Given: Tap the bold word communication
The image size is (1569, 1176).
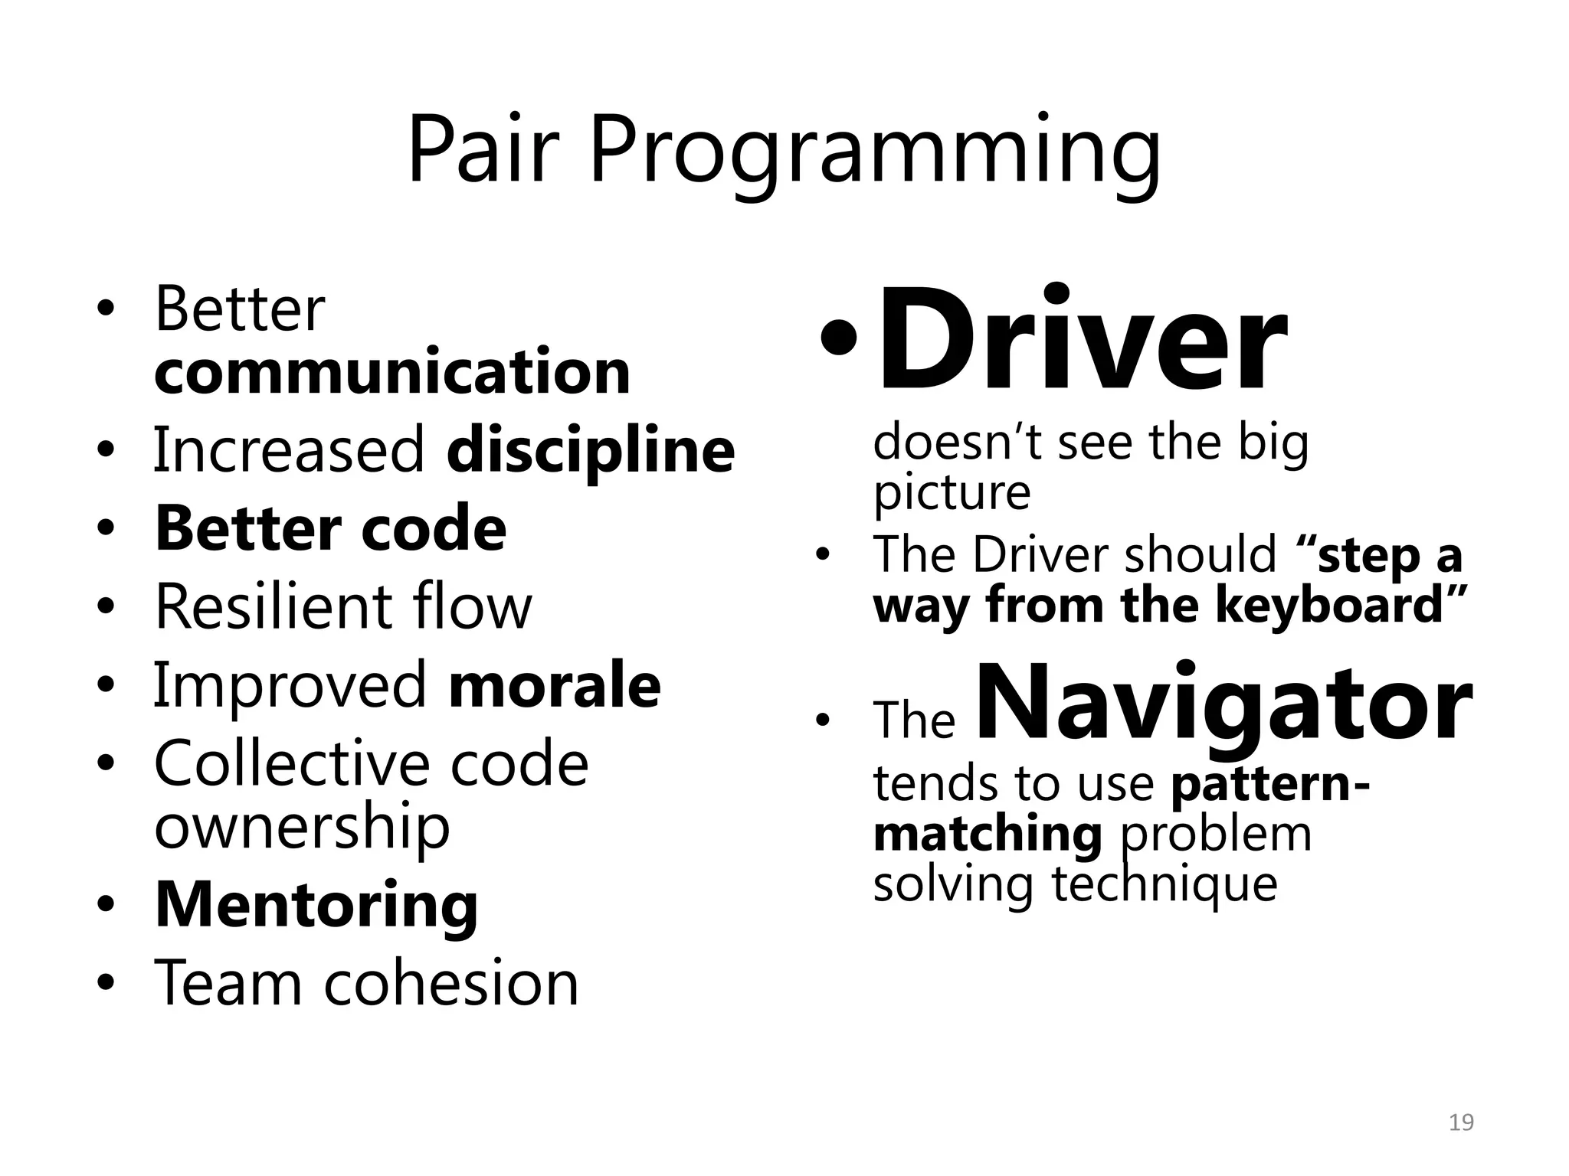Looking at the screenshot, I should pyautogui.click(x=392, y=372).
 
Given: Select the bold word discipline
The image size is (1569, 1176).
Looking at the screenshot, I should pyautogui.click(x=591, y=451).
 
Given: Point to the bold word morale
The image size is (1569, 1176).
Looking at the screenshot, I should pyautogui.click(x=555, y=685).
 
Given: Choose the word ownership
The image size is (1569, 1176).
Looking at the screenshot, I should pyautogui.click(x=302, y=828).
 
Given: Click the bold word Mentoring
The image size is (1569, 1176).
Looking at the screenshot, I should pyautogui.click(x=316, y=906).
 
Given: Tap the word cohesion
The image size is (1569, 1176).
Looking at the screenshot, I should pyautogui.click(x=451, y=984).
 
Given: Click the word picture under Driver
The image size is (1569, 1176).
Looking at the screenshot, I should pyautogui.click(x=952, y=492).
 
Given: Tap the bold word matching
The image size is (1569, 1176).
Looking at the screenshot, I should pyautogui.click(x=987, y=834).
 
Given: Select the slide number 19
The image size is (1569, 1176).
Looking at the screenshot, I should pyautogui.click(x=1462, y=1123).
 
